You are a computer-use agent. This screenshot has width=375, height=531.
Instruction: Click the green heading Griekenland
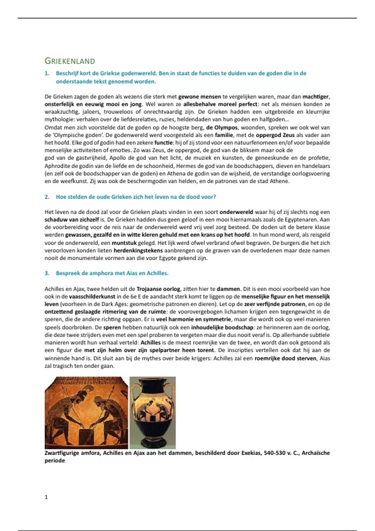[x=70, y=61]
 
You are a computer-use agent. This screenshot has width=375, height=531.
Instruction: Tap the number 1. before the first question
[x=47, y=73]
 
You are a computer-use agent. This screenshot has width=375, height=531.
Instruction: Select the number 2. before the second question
[x=47, y=197]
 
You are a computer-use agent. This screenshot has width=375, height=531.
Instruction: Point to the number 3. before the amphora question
[x=47, y=273]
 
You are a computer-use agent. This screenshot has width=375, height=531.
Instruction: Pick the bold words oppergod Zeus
[x=275, y=135]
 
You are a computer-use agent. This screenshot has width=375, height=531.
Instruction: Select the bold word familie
[x=224, y=135]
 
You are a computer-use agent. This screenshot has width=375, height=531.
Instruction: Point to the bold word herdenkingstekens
[x=138, y=250]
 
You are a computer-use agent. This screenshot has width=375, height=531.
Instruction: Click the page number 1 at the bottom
[x=46, y=497]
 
